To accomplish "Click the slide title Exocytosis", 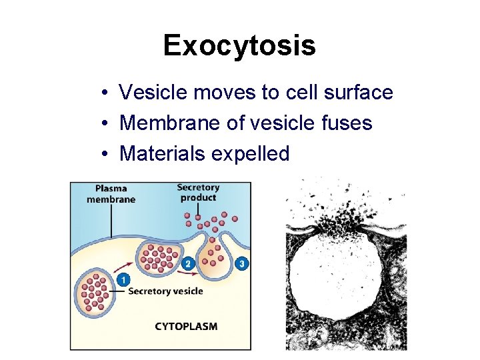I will point(239,46).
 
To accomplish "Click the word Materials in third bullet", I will point(162,154).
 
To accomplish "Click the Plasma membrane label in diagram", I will point(111,194).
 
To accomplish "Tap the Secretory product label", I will point(198,192).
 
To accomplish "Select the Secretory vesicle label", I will point(165,291).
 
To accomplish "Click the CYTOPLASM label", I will point(186,326).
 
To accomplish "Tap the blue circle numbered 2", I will point(188,263).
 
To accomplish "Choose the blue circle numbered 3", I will point(241,263).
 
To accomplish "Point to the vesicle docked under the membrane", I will point(159,257).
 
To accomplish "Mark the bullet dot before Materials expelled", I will point(106,155).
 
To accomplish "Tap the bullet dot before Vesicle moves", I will point(106,93).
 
